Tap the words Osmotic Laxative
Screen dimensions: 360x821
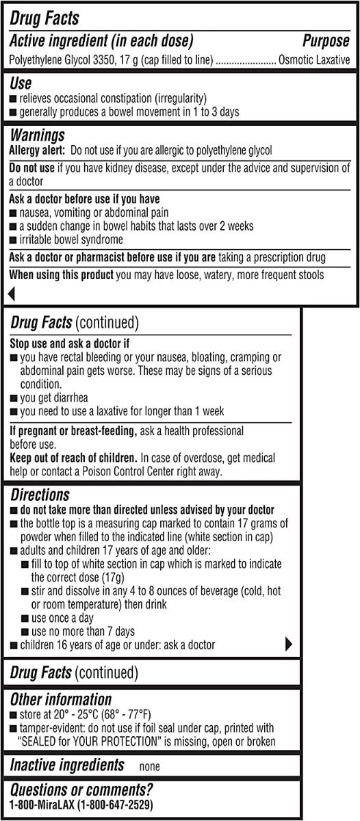pyautogui.click(x=314, y=60)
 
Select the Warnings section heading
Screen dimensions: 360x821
pyautogui.click(x=37, y=135)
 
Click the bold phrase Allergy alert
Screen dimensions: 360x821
pyautogui.click(x=37, y=150)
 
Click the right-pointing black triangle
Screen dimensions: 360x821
pyautogui.click(x=288, y=644)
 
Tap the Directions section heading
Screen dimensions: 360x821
pyautogui.click(x=40, y=495)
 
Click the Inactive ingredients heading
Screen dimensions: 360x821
pyautogui.click(x=67, y=765)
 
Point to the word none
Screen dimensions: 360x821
pyautogui.click(x=150, y=767)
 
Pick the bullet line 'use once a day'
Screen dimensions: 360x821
pyautogui.click(x=66, y=618)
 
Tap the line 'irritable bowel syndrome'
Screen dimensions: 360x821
pyautogui.click(x=71, y=239)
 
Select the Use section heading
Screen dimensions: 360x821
pyautogui.click(x=21, y=83)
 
